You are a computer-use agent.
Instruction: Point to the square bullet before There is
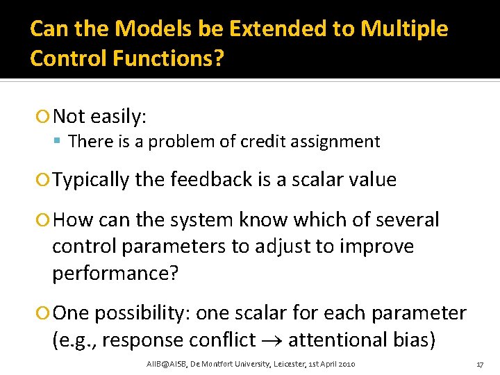60,142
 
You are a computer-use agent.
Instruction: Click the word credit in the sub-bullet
262,142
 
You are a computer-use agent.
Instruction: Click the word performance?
115,272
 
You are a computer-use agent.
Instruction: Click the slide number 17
478,364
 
